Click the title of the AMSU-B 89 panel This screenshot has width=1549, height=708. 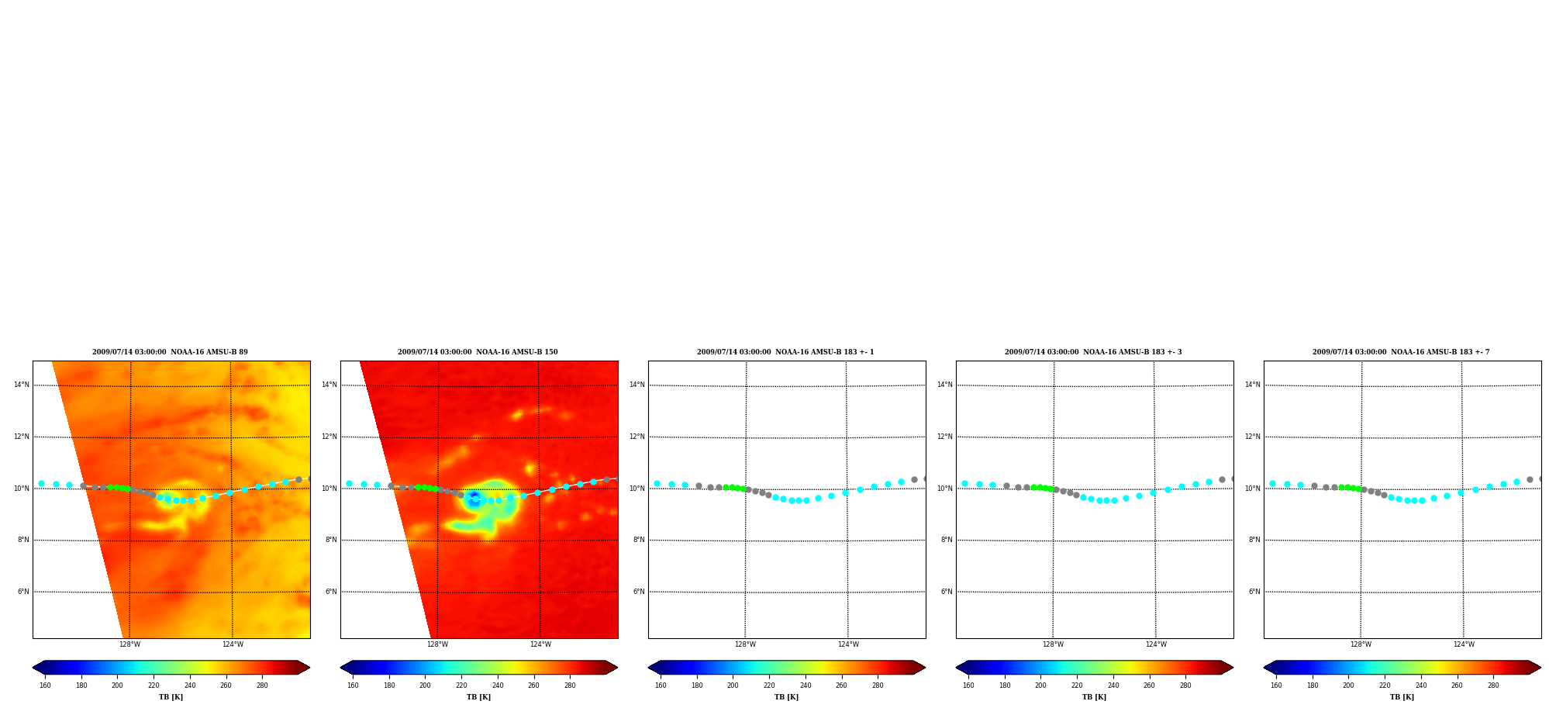pos(170,352)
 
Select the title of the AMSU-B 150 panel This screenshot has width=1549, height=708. pos(478,352)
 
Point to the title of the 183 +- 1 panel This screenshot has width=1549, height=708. pos(785,352)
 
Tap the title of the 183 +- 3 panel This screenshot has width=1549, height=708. pos(1093,352)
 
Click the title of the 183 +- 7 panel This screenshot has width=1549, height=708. pos(1401,352)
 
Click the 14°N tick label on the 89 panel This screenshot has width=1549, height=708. pos(21,385)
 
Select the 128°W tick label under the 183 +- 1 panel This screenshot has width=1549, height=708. pos(745,644)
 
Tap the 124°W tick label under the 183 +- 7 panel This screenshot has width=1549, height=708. pos(1464,644)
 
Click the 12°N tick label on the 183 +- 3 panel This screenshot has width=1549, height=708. pos(944,437)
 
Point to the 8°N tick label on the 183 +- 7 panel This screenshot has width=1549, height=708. pos(1254,540)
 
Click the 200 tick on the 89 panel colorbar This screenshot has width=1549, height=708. pos(117,686)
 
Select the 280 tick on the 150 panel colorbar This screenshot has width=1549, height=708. pos(570,686)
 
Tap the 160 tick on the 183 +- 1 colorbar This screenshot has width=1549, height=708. pos(661,686)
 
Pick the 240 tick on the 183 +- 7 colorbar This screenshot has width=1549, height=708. pos(1421,686)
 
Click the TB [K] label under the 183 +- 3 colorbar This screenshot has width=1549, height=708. pos(1094,697)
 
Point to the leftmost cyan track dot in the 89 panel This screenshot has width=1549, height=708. pos(41,483)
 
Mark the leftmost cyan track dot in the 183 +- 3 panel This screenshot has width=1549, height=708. pos(964,483)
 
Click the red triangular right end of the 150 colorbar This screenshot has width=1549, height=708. pos(611,667)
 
